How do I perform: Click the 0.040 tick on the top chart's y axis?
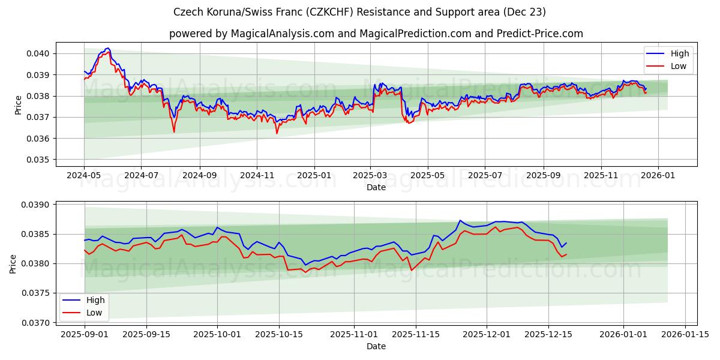pyautogui.click(x=39, y=53)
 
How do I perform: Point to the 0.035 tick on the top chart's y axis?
pyautogui.click(x=39, y=160)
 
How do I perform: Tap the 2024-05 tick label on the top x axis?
pyautogui.click(x=84, y=176)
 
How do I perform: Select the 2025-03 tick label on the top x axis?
pyautogui.click(x=371, y=176)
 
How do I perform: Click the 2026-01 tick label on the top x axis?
pyautogui.click(x=658, y=176)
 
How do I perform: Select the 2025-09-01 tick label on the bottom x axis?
pyautogui.click(x=84, y=335)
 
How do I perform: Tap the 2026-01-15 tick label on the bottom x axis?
pyautogui.click(x=686, y=335)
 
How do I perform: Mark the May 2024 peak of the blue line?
pyautogui.click(x=107, y=48)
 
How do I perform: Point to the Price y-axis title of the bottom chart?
pyautogui.click(x=13, y=263)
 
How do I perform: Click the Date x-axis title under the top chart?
pyautogui.click(x=376, y=187)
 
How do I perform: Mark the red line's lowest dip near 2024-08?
pyautogui.click(x=174, y=131)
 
